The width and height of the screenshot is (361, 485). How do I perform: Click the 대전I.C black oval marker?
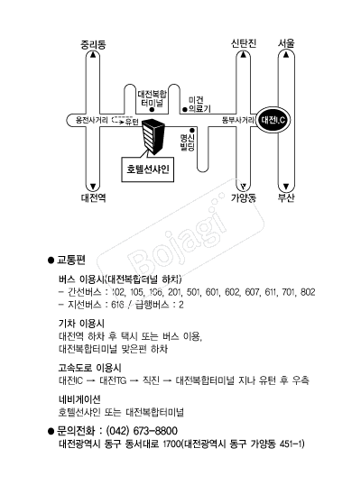[273, 120]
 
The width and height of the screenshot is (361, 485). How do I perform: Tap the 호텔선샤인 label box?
[148, 169]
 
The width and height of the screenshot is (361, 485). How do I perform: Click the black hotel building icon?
[153, 136]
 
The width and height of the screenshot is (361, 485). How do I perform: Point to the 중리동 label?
[93, 45]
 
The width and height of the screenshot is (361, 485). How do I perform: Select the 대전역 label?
[94, 197]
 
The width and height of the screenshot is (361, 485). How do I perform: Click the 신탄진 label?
[244, 43]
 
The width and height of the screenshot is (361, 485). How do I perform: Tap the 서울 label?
[286, 43]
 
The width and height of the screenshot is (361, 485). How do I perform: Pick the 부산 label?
[286, 197]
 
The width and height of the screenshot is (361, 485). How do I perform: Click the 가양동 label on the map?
[244, 197]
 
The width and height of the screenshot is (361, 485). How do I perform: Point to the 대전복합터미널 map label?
[152, 98]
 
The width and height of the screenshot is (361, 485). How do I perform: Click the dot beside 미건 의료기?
[185, 109]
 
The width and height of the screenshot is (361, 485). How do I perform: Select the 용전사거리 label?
[92, 120]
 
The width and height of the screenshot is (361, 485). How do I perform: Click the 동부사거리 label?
[238, 120]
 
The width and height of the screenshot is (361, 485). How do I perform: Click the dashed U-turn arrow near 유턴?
[117, 120]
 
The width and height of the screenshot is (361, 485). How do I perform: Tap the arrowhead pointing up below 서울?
[286, 55]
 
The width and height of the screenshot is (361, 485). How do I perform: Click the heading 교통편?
[71, 260]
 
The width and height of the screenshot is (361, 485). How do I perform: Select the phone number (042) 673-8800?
[142, 431]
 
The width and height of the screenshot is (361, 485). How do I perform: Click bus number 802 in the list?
[308, 292]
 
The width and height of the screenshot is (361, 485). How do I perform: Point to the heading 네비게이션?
[79, 399]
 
